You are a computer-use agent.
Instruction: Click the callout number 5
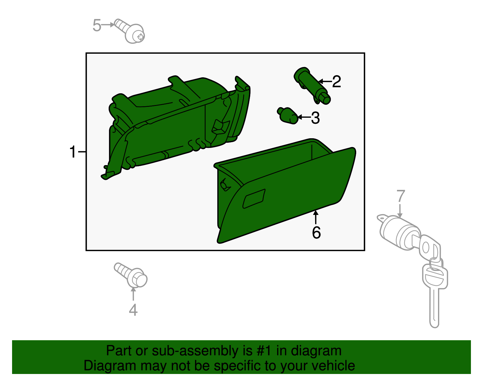pos(97,25)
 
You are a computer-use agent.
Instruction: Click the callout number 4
pos(133,310)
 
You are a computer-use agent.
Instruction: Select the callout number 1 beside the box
pos(73,152)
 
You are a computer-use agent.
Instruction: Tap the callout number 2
pos(337,82)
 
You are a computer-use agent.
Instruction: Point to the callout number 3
pos(315,118)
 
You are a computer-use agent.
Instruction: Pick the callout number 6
pos(316,233)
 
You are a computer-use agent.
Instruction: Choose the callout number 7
pos(401,196)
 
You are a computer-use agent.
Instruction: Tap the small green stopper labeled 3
pos(288,115)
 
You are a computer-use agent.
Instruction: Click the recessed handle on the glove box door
pos(254,199)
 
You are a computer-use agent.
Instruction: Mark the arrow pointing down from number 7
pos(400,211)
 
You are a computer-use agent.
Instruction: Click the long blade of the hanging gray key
pos(434,308)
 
